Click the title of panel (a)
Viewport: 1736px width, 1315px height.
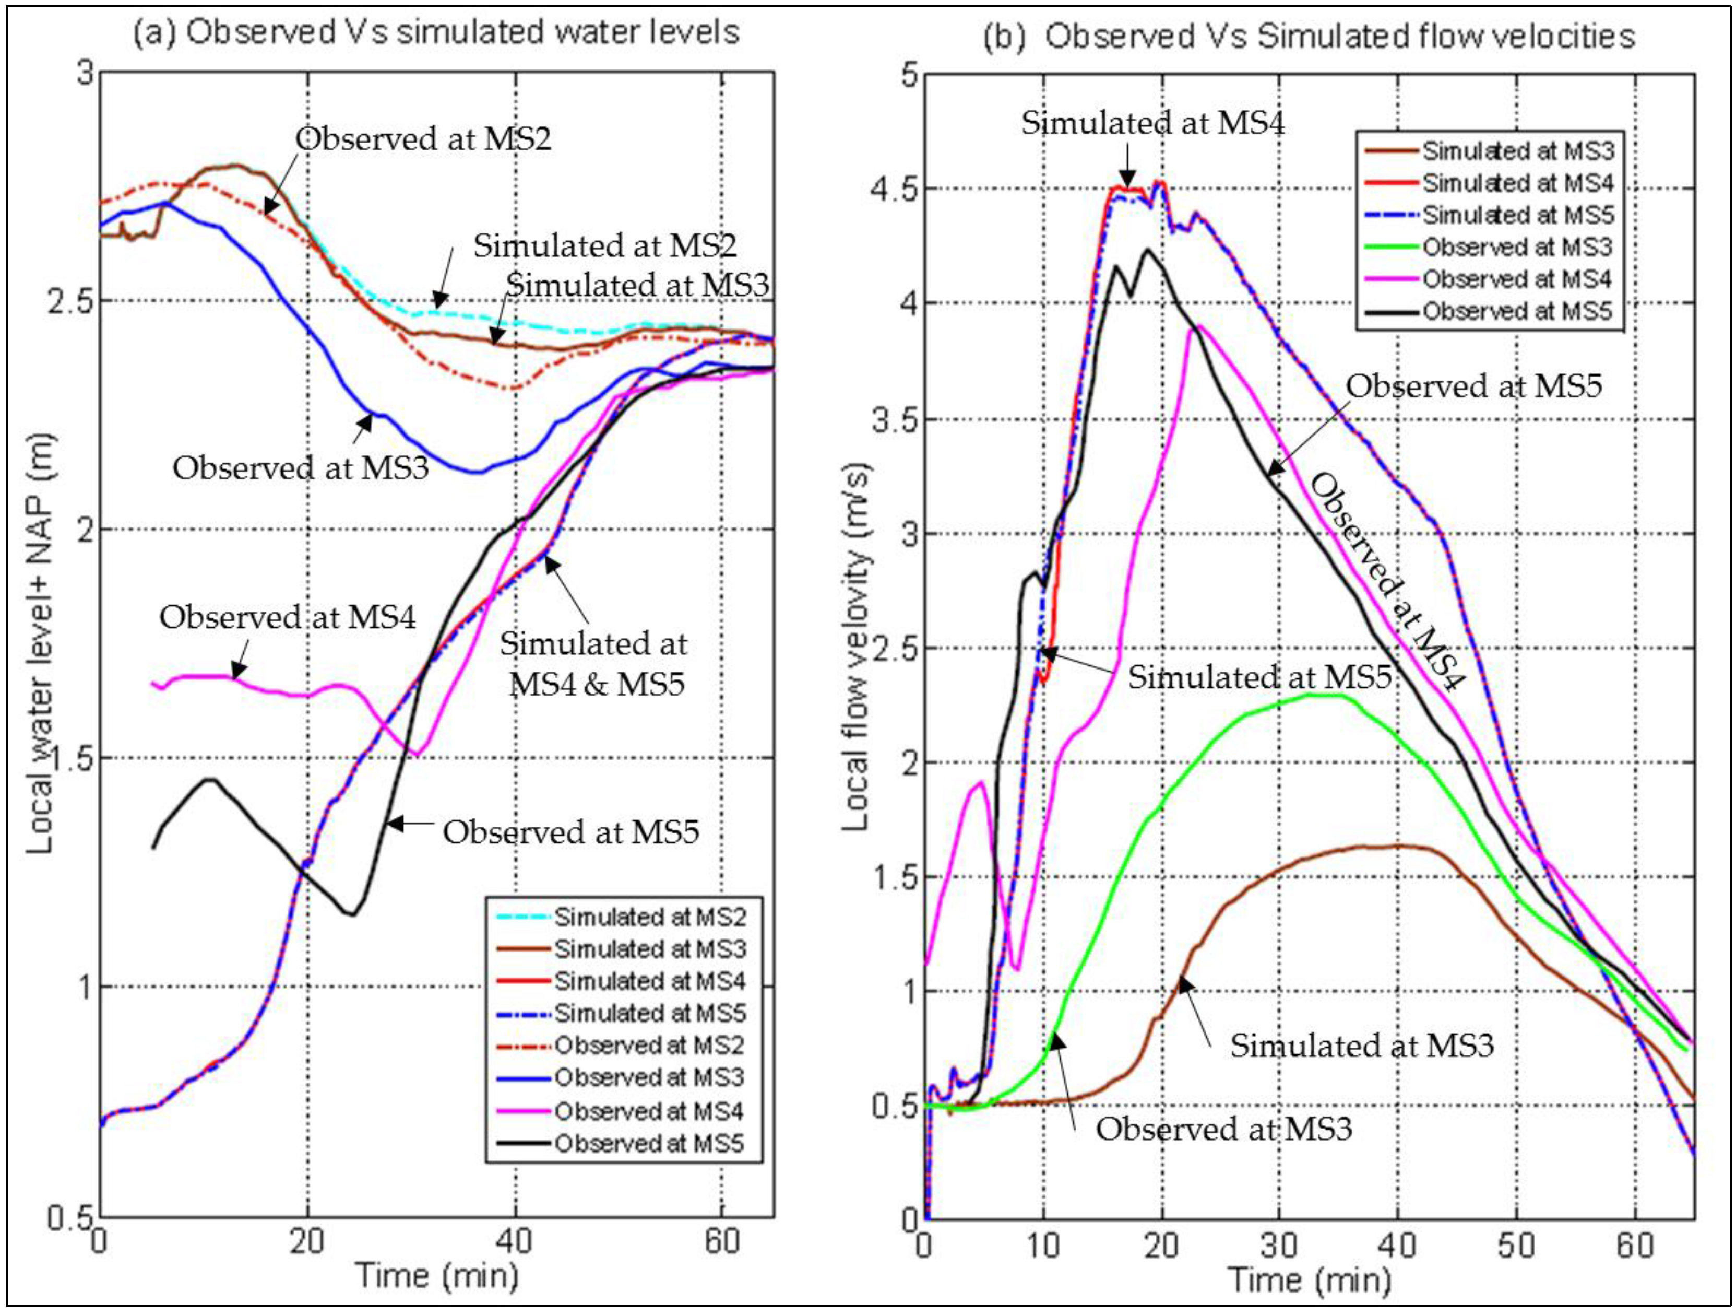coord(436,33)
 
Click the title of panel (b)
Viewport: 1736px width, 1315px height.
coord(1309,36)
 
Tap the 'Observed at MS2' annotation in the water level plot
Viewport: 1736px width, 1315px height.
coord(423,139)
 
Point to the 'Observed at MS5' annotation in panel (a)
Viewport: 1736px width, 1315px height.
coord(570,831)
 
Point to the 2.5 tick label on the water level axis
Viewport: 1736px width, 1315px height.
coord(69,301)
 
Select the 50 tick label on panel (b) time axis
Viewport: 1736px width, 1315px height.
coord(1516,1245)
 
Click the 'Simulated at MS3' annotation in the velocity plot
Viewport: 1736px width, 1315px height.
coord(1362,1046)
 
